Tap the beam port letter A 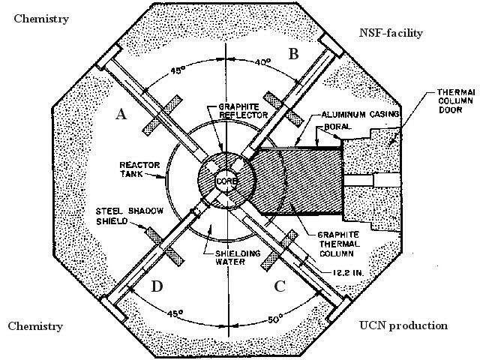120,114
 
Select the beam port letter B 294,53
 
